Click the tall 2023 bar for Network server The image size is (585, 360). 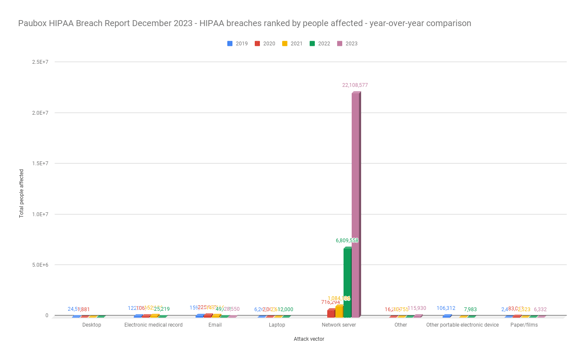(356, 205)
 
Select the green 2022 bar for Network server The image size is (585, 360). (347, 282)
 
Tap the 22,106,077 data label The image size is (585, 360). (355, 85)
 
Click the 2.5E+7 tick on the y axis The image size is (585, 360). (40, 62)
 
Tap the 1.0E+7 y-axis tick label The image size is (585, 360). (40, 214)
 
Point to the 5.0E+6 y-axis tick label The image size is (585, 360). (40, 265)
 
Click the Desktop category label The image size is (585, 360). (91, 325)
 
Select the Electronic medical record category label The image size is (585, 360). (153, 325)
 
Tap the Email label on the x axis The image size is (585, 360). (215, 325)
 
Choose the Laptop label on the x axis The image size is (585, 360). (277, 325)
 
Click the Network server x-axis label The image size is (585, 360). (339, 325)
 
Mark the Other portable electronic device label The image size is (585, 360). (462, 325)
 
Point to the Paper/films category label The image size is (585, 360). (524, 325)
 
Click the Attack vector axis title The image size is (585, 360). (308, 339)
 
